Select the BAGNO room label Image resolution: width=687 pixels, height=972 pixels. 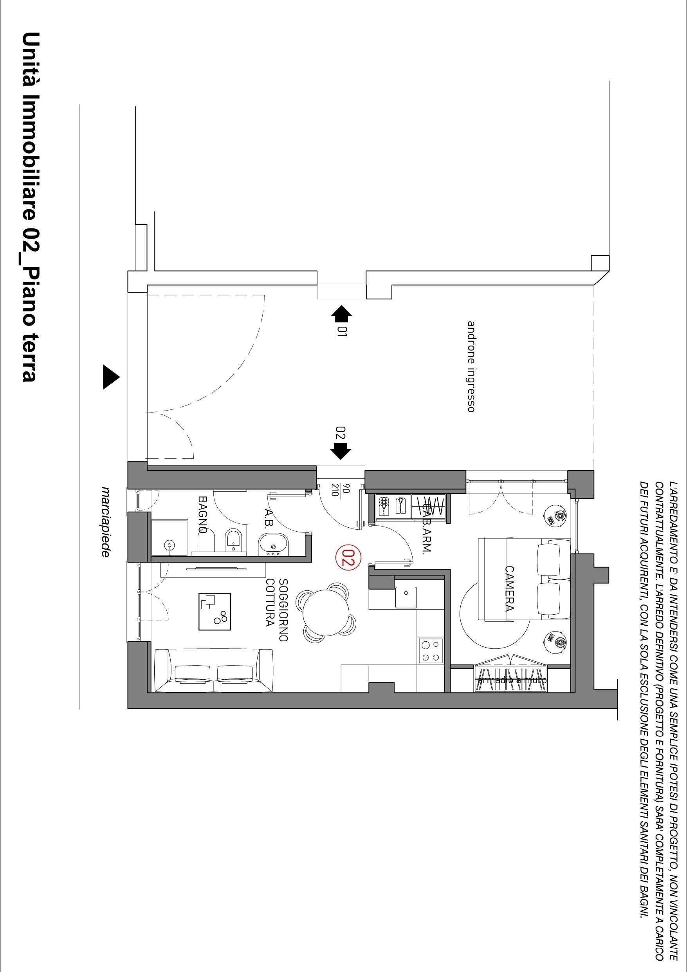204,514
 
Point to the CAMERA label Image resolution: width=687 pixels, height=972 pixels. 509,589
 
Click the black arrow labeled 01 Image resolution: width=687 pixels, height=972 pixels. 341,315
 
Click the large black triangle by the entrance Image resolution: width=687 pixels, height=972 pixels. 111,377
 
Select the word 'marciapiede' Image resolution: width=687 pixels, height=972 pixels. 105,521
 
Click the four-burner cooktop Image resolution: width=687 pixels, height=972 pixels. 431,651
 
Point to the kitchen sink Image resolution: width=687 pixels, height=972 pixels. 405,597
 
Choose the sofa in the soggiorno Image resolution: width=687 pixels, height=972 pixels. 214,670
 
